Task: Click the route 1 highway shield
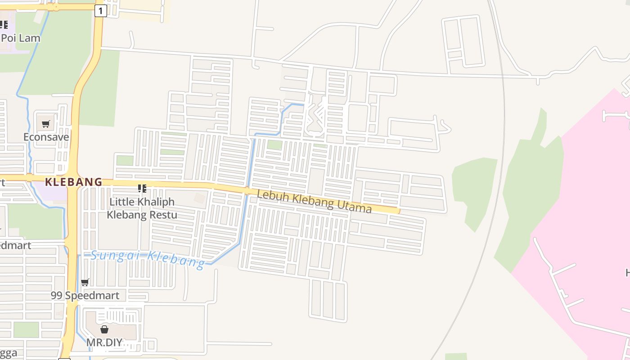click(100, 11)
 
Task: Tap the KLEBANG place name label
click(74, 182)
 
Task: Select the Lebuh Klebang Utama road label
click(315, 201)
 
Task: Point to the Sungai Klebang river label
click(148, 258)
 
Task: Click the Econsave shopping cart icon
click(45, 124)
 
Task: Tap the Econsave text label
click(46, 137)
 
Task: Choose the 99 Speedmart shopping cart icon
click(85, 283)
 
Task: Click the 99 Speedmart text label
click(85, 296)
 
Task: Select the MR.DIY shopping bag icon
click(104, 329)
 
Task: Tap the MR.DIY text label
click(104, 342)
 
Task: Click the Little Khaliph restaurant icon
click(142, 189)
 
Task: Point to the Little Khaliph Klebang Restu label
click(142, 208)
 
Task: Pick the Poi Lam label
click(21, 38)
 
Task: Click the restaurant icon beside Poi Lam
click(4, 25)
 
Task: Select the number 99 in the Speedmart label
click(57, 296)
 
